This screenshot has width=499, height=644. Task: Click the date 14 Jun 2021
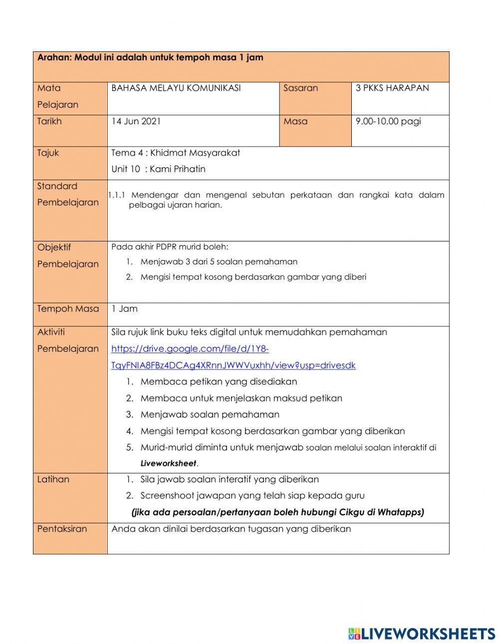(x=136, y=121)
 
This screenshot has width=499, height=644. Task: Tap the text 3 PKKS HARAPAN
(x=392, y=88)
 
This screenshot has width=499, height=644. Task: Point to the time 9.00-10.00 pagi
(x=388, y=121)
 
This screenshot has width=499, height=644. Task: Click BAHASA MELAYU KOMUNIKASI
(x=176, y=88)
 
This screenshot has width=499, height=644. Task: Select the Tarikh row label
(x=49, y=121)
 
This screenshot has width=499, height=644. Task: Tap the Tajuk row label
(x=48, y=153)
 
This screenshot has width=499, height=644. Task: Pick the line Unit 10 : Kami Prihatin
(x=158, y=169)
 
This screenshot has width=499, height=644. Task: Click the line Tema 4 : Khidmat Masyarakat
(x=175, y=153)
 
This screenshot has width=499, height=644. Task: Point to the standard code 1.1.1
(x=116, y=195)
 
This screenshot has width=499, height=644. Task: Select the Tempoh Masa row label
(x=68, y=309)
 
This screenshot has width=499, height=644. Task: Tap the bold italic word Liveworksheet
(x=168, y=463)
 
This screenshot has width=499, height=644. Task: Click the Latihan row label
(x=53, y=479)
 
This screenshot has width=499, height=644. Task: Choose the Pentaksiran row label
(x=62, y=529)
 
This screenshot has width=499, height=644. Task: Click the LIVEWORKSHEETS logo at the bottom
(x=422, y=634)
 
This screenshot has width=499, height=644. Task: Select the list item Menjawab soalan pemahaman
(x=210, y=415)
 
